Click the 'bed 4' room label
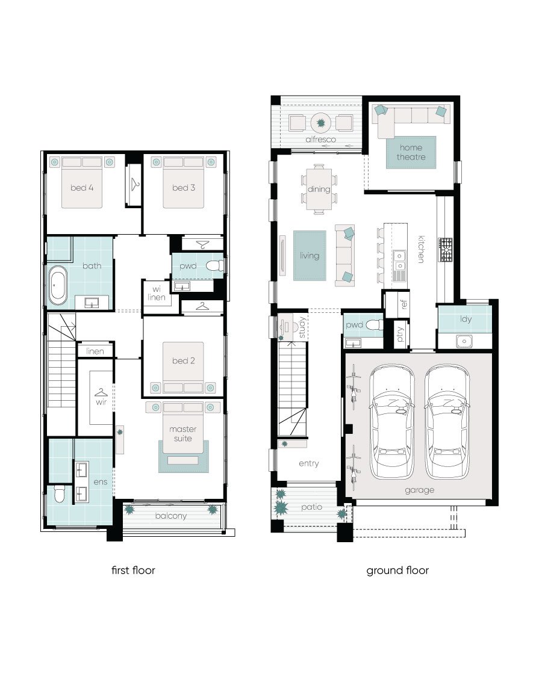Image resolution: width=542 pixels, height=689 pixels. [82, 188]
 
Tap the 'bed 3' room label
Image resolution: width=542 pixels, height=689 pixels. [184, 188]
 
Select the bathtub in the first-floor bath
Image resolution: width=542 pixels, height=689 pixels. [58, 286]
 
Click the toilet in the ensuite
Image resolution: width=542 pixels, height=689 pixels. [60, 493]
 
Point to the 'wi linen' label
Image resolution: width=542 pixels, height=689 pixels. [157, 293]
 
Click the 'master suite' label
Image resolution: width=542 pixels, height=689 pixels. [183, 434]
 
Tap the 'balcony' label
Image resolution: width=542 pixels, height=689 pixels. [170, 516]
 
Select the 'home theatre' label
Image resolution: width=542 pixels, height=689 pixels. [411, 152]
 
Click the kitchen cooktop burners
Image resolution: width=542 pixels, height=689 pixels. [445, 250]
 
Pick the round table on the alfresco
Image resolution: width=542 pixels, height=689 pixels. [321, 123]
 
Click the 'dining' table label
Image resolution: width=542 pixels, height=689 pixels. [319, 189]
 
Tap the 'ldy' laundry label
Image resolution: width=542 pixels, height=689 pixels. [466, 319]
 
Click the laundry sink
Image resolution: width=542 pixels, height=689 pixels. [464, 341]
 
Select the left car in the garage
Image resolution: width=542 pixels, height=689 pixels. [391, 422]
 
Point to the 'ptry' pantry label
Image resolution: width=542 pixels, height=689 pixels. [400, 335]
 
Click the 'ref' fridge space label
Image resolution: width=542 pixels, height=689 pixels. [404, 304]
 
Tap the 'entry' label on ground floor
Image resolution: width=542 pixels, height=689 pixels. [309, 463]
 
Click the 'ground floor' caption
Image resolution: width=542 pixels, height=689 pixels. [397, 570]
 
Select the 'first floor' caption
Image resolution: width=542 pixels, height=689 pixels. [133, 570]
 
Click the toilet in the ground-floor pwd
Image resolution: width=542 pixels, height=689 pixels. [375, 325]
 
